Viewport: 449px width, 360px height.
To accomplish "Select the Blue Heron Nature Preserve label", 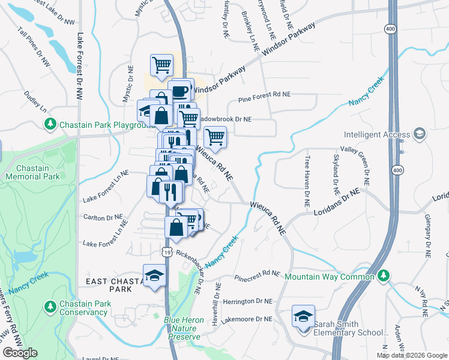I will (184, 328).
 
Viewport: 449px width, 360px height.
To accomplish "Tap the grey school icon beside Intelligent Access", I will (420, 134).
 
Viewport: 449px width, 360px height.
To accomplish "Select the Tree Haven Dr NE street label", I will (307, 182).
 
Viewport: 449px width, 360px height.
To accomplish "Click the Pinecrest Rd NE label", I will (258, 275).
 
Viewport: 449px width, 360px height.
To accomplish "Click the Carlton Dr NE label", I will (103, 217).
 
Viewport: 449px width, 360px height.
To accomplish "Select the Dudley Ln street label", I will (35, 102).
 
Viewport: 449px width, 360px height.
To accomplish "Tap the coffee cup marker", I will (179, 91).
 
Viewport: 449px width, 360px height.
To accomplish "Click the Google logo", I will (20, 353).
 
